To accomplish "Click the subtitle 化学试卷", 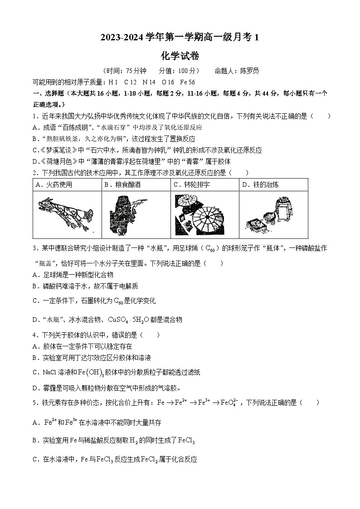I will click(x=180, y=56).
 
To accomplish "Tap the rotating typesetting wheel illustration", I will click(x=204, y=215).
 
